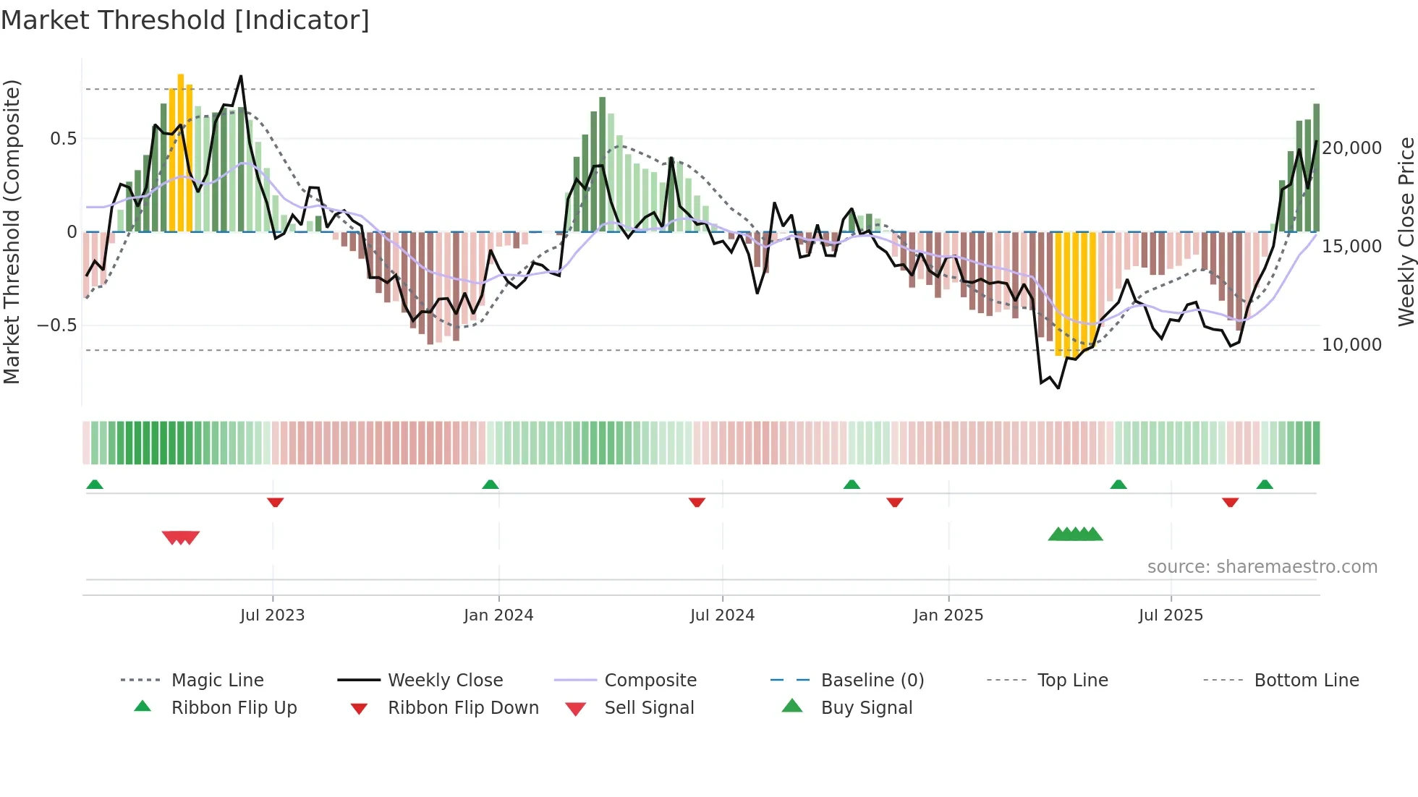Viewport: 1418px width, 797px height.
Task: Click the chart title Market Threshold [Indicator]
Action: (185, 20)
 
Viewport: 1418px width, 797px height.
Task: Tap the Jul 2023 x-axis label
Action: (272, 615)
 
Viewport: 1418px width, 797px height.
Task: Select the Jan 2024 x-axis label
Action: (498, 615)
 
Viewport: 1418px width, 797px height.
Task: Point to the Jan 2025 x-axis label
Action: (948, 615)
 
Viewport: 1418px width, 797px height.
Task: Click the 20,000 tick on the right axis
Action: (1351, 148)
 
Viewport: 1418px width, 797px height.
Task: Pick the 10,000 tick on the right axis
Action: (1351, 345)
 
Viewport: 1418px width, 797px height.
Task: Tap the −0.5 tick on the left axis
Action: (57, 325)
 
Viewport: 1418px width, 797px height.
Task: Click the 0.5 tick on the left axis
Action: (63, 139)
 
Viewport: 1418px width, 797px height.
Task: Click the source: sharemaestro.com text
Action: (1262, 567)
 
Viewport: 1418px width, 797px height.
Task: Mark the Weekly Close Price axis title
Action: (1406, 231)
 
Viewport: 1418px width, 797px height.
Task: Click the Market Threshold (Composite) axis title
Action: (12, 231)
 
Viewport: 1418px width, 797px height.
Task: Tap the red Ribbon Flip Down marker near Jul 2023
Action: (275, 502)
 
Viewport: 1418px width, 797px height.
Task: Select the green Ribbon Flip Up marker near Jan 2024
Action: (491, 485)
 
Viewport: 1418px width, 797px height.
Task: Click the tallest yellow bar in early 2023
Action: (181, 152)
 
